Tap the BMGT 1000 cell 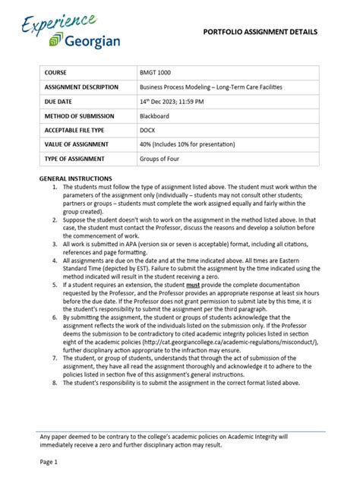(155, 72)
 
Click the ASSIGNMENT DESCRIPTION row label (81, 87)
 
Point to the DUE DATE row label (62, 101)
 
